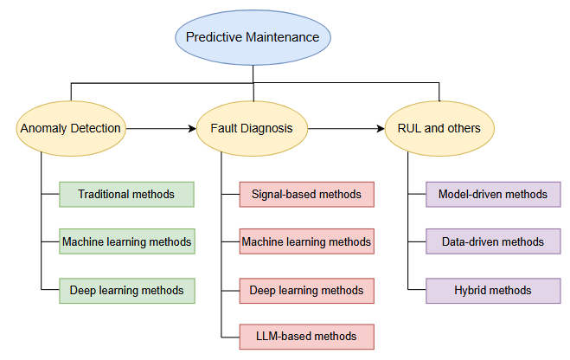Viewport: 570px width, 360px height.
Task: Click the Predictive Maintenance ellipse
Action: pyautogui.click(x=253, y=38)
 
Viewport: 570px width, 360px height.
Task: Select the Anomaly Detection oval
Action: pyautogui.click(x=69, y=129)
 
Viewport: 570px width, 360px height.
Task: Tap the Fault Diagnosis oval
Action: pyautogui.click(x=252, y=129)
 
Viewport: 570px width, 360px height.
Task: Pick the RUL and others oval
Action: pyautogui.click(x=439, y=129)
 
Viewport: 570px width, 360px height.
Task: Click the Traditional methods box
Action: pyautogui.click(x=126, y=194)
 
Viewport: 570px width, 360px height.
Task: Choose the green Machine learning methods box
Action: pyautogui.click(x=126, y=241)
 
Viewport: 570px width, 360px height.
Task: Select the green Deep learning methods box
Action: pyautogui.click(x=126, y=290)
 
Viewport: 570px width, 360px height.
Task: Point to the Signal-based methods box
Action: pyautogui.click(x=307, y=194)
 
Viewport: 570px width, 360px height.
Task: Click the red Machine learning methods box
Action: pyautogui.click(x=307, y=241)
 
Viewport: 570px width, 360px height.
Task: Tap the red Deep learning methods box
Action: pyautogui.click(x=307, y=290)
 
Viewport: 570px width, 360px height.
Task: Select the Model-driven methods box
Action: pyautogui.click(x=493, y=194)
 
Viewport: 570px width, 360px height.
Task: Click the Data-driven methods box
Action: pyautogui.click(x=493, y=241)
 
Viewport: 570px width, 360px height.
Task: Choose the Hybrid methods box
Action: pyautogui.click(x=493, y=290)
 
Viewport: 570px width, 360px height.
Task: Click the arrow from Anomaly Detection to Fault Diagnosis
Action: pyautogui.click(x=159, y=129)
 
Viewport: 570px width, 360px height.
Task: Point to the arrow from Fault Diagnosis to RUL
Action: pyautogui.click(x=344, y=129)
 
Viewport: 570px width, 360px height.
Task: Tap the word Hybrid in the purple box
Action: pyautogui.click(x=471, y=290)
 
